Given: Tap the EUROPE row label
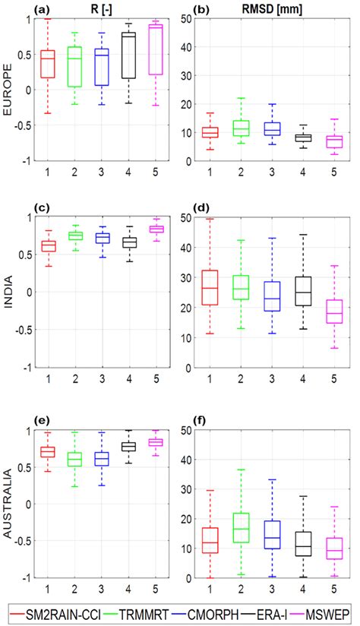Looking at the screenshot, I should pos(10,90).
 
